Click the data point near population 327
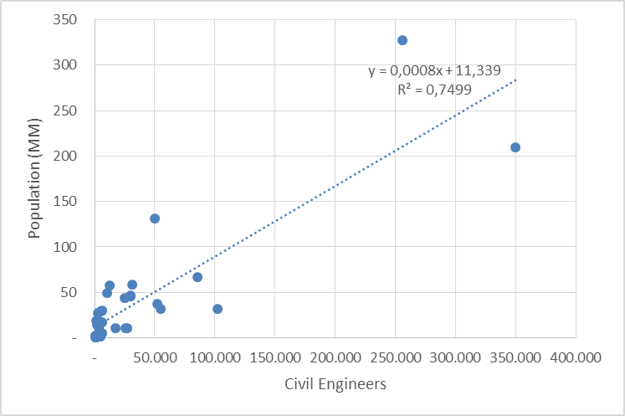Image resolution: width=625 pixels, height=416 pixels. pyautogui.click(x=402, y=40)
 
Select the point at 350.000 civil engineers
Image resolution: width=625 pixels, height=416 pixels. pyautogui.click(x=515, y=147)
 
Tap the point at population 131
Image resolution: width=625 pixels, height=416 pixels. pyautogui.click(x=155, y=218)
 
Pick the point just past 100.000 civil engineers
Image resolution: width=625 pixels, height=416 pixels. pyautogui.click(x=218, y=309)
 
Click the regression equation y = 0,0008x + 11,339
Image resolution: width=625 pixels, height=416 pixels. pyautogui.click(x=434, y=71)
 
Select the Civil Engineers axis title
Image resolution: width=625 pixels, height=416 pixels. pyautogui.click(x=336, y=385)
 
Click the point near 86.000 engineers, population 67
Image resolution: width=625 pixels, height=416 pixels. pyautogui.click(x=197, y=277)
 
